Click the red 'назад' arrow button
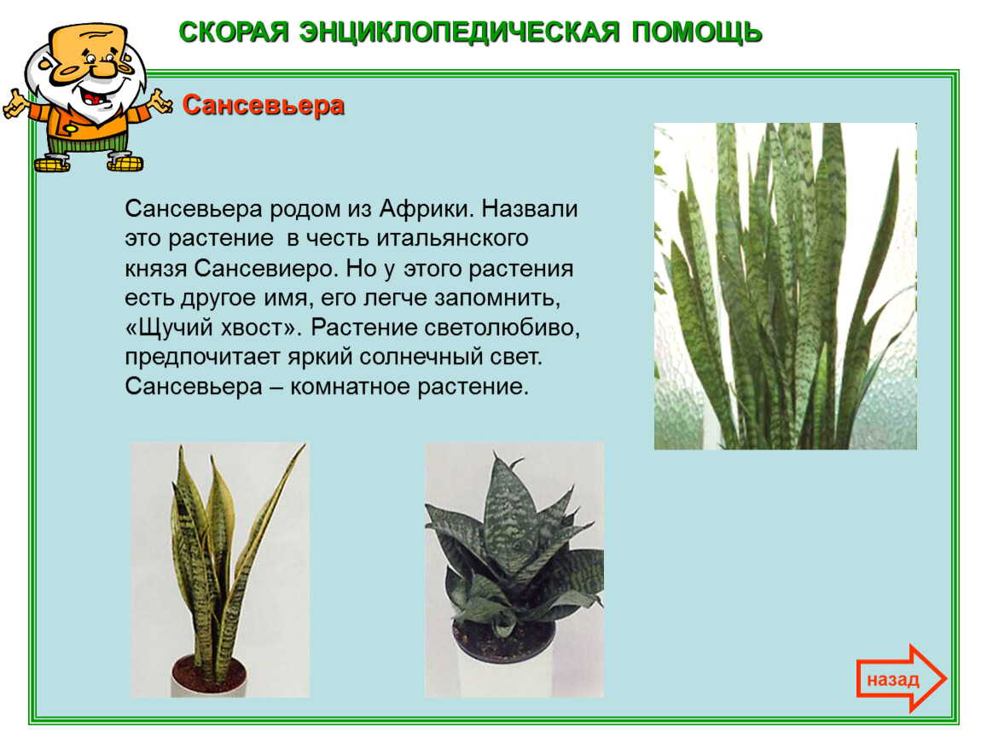[901, 679]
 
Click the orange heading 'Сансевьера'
[264, 105]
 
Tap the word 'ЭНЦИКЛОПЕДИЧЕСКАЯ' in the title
[459, 32]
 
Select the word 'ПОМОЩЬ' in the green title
[696, 32]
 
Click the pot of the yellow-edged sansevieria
[208, 676]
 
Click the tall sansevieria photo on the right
[785, 286]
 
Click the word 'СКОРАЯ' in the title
[234, 32]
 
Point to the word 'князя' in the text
[156, 270]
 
